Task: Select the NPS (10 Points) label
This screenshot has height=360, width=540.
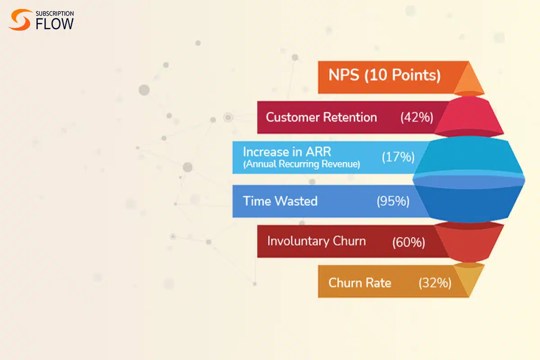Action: [x=384, y=75]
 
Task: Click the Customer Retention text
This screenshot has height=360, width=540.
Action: [x=321, y=117]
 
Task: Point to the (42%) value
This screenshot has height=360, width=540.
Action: [x=417, y=117]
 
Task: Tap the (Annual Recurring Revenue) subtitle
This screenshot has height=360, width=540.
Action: [x=301, y=164]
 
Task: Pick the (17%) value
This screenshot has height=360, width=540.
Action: [x=398, y=157]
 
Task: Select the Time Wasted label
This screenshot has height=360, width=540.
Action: [x=280, y=201]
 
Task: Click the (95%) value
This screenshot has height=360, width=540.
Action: [x=393, y=201]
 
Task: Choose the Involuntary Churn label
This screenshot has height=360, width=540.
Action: [x=316, y=241]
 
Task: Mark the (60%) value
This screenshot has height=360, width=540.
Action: [x=409, y=242]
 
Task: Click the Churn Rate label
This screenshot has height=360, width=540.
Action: [x=360, y=283]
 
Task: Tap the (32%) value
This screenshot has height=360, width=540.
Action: [x=435, y=283]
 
